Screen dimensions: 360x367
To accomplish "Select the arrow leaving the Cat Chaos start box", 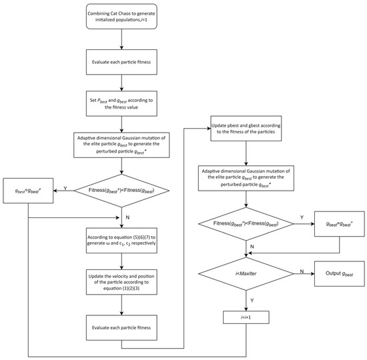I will (x=121, y=39).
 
